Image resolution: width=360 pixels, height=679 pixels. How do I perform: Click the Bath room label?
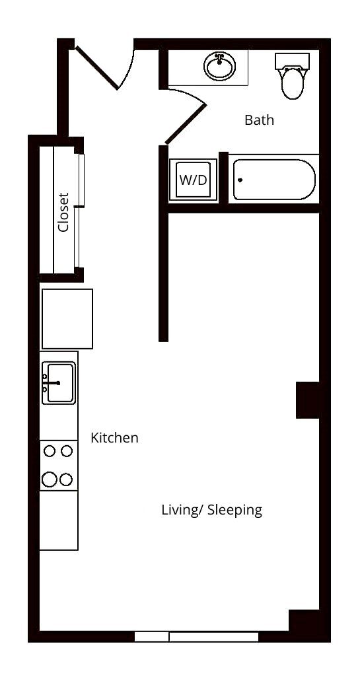(x=259, y=120)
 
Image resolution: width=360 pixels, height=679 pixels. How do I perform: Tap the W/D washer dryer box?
(x=193, y=180)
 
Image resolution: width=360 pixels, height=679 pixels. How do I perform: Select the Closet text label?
(x=63, y=212)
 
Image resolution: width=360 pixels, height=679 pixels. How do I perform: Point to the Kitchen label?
(x=114, y=437)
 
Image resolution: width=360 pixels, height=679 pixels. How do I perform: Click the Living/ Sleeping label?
(x=211, y=510)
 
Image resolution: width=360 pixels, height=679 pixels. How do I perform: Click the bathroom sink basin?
(x=220, y=67)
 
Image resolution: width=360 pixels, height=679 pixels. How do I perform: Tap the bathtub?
(x=273, y=180)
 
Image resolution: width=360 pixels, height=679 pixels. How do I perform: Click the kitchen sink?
(x=59, y=382)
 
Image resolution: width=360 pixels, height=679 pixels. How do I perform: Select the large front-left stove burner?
(x=49, y=480)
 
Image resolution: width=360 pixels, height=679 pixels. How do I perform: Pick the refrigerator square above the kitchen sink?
(x=67, y=318)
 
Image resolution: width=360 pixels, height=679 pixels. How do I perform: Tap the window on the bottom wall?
(x=196, y=637)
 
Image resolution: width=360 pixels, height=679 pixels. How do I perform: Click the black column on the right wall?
(x=308, y=400)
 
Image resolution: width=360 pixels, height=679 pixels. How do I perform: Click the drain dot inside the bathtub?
(x=240, y=180)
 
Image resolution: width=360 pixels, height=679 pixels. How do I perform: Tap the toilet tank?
(x=292, y=61)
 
